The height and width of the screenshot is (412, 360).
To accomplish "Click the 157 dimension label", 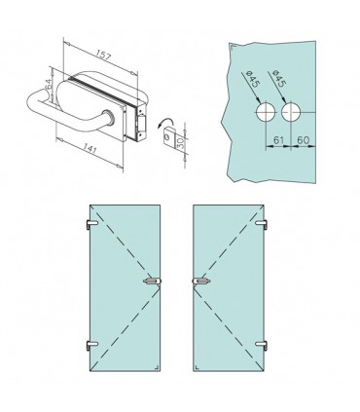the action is [x=104, y=56].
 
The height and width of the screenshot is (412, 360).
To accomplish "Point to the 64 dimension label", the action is [x=49, y=85].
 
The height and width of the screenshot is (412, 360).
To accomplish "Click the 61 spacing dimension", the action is [x=278, y=140].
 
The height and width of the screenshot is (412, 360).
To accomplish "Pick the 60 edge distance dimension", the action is [x=303, y=140].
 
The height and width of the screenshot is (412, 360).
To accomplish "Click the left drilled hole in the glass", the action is [x=266, y=112].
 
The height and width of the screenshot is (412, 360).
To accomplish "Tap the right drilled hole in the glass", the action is [x=291, y=112].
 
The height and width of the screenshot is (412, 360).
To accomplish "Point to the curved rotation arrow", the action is [x=165, y=123].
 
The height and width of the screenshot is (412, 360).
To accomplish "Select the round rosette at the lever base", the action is [x=107, y=117].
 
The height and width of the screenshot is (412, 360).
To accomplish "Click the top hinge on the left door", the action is [x=90, y=224].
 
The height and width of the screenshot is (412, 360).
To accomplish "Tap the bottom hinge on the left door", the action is [x=90, y=345].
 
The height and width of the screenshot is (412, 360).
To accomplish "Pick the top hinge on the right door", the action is [x=262, y=224].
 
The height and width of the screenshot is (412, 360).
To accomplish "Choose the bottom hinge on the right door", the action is [x=262, y=346].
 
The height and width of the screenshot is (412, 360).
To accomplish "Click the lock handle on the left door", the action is [x=152, y=281].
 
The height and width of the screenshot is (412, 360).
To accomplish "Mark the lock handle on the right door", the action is [x=201, y=281].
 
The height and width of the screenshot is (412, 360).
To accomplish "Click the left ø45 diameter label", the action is [x=253, y=79].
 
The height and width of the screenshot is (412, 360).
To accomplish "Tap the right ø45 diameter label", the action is [x=279, y=79].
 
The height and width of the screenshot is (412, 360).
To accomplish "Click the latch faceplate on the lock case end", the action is [x=142, y=124].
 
